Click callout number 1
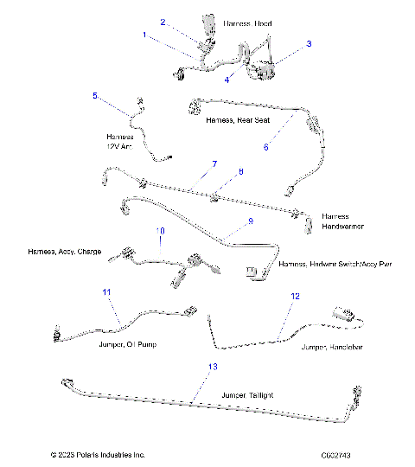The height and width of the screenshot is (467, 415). (144, 35)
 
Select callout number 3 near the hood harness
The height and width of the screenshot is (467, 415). (309, 42)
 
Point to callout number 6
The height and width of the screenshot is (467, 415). (266, 147)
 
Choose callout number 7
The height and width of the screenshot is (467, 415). (214, 163)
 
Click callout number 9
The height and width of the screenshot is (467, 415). (250, 221)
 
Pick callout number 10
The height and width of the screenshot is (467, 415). (160, 231)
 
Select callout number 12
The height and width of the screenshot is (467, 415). (295, 296)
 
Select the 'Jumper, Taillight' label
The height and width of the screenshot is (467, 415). (248, 395)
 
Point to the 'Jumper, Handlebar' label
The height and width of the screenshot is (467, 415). (332, 347)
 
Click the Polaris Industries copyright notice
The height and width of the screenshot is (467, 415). (98, 454)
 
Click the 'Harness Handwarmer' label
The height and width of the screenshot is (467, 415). (342, 221)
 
